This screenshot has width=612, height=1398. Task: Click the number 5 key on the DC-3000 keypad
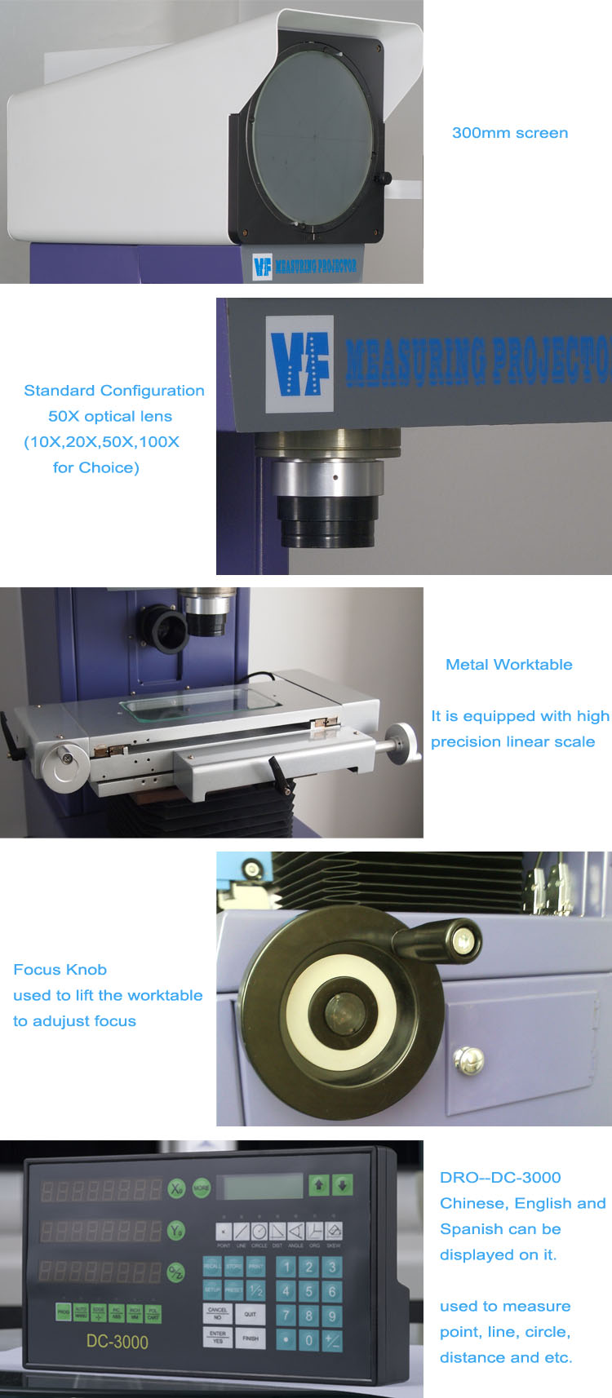pyautogui.click(x=308, y=1291)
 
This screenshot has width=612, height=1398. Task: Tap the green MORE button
pyautogui.click(x=201, y=1188)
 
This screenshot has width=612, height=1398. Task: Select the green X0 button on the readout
pyautogui.click(x=176, y=1188)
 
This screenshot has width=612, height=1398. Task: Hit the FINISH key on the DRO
pyautogui.click(x=250, y=1338)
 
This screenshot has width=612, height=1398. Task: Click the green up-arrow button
pyautogui.click(x=318, y=1184)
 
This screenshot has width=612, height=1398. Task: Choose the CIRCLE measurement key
pyautogui.click(x=259, y=1232)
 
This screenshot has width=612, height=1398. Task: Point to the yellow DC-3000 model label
pyautogui.click(x=117, y=1342)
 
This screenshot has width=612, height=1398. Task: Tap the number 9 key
pyautogui.click(x=331, y=1316)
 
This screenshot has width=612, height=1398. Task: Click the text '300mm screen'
pyautogui.click(x=509, y=133)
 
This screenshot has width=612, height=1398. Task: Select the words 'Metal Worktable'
pyautogui.click(x=508, y=665)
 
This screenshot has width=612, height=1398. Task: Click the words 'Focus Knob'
pyautogui.click(x=60, y=970)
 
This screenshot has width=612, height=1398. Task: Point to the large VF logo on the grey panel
pyautogui.click(x=299, y=364)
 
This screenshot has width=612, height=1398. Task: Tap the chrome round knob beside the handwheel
pyautogui.click(x=468, y=1060)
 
